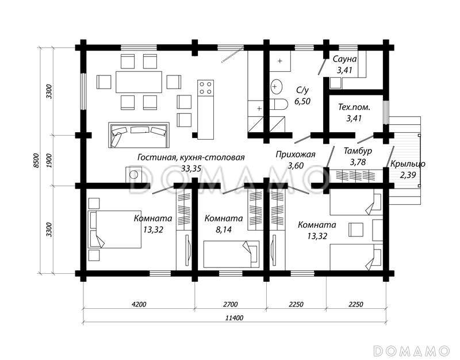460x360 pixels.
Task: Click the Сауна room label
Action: (344, 59)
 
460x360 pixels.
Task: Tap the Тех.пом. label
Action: (354, 107)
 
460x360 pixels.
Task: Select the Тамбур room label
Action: (358, 151)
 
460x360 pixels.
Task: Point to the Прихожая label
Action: (296, 155)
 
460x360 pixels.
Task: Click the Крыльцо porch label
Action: (408, 164)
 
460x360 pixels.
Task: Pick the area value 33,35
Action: (191, 168)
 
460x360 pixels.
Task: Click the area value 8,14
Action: (224, 229)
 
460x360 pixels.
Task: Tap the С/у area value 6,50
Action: (302, 101)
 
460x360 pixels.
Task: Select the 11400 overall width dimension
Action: (235, 318)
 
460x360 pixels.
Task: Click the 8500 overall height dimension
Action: (36, 160)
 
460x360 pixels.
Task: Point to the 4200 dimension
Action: (139, 304)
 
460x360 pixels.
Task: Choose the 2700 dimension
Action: (231, 304)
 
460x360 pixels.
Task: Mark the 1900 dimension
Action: (49, 160)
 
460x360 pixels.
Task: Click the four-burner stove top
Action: (205, 88)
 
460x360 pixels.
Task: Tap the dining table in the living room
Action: (139, 82)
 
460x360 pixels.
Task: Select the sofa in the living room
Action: (139, 135)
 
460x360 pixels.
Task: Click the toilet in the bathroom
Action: (278, 105)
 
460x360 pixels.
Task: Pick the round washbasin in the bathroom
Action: (276, 87)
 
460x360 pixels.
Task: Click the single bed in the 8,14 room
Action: (232, 254)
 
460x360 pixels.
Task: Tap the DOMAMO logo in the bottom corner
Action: (412, 351)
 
